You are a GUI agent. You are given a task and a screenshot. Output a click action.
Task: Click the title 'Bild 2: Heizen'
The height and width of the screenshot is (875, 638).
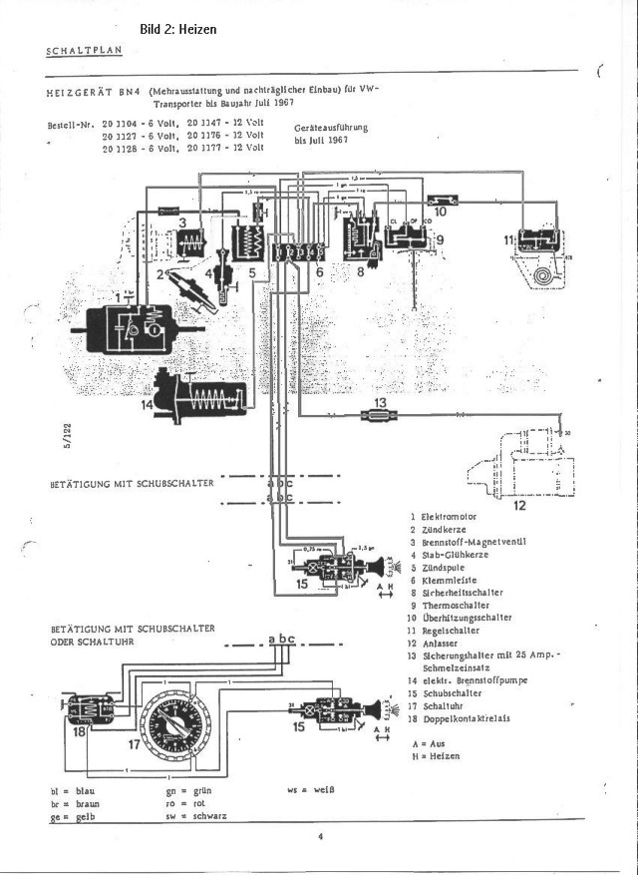coord(177,30)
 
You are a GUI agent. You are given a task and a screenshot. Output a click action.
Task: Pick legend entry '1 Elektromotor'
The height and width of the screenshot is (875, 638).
coord(445,516)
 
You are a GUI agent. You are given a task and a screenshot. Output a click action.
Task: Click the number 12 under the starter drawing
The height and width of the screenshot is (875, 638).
coord(519,505)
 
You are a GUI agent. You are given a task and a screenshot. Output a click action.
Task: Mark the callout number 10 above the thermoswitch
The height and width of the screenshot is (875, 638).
coord(441,212)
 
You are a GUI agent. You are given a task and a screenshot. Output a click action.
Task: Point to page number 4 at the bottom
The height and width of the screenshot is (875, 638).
coord(322,837)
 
